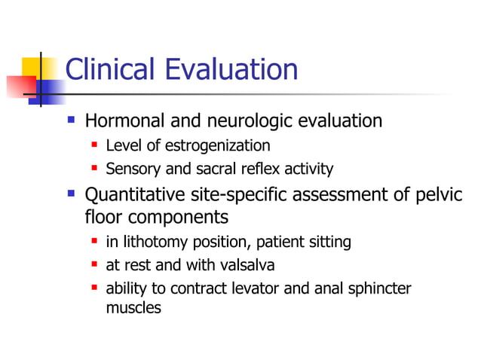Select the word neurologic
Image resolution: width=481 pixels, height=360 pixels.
pyautogui.click(x=249, y=121)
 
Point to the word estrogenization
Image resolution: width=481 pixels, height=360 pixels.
pyautogui.click(x=219, y=145)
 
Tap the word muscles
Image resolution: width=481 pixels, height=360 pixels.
pyautogui.click(x=133, y=307)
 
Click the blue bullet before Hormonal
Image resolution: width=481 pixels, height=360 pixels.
pyautogui.click(x=72, y=120)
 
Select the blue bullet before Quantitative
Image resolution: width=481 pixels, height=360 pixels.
pyautogui.click(x=72, y=194)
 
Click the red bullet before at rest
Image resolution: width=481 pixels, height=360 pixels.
pyautogui.click(x=95, y=265)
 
